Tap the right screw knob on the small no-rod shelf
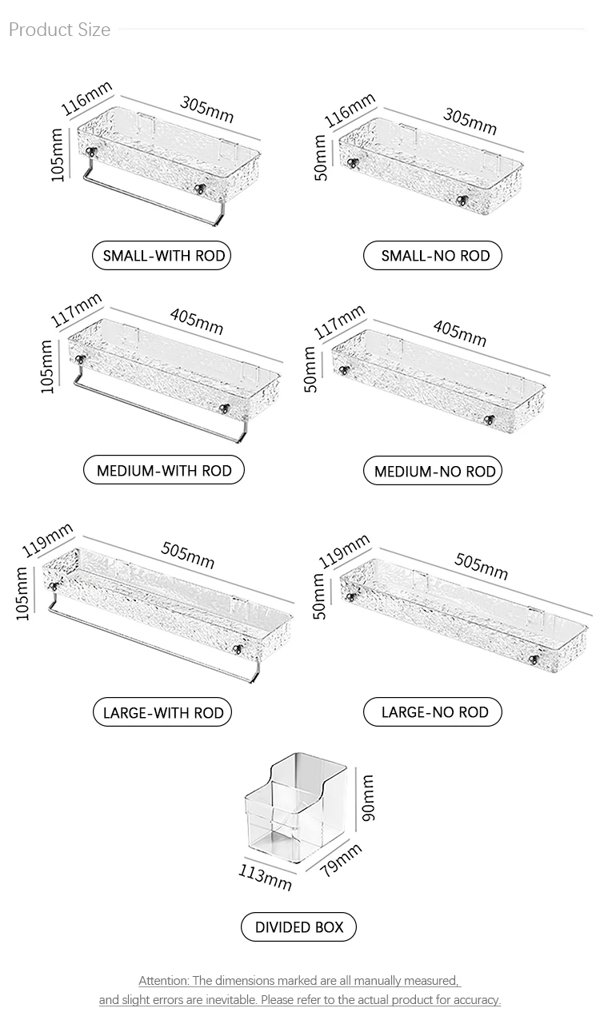(462, 201)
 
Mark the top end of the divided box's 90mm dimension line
(356, 767)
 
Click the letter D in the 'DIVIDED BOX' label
(261, 927)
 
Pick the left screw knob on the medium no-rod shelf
(343, 370)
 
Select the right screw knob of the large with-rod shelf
(238, 650)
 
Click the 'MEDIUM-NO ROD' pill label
(433, 471)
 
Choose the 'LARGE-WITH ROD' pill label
(162, 712)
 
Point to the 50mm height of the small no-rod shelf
(321, 157)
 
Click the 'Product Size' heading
(59, 30)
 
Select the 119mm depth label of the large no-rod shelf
(344, 551)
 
